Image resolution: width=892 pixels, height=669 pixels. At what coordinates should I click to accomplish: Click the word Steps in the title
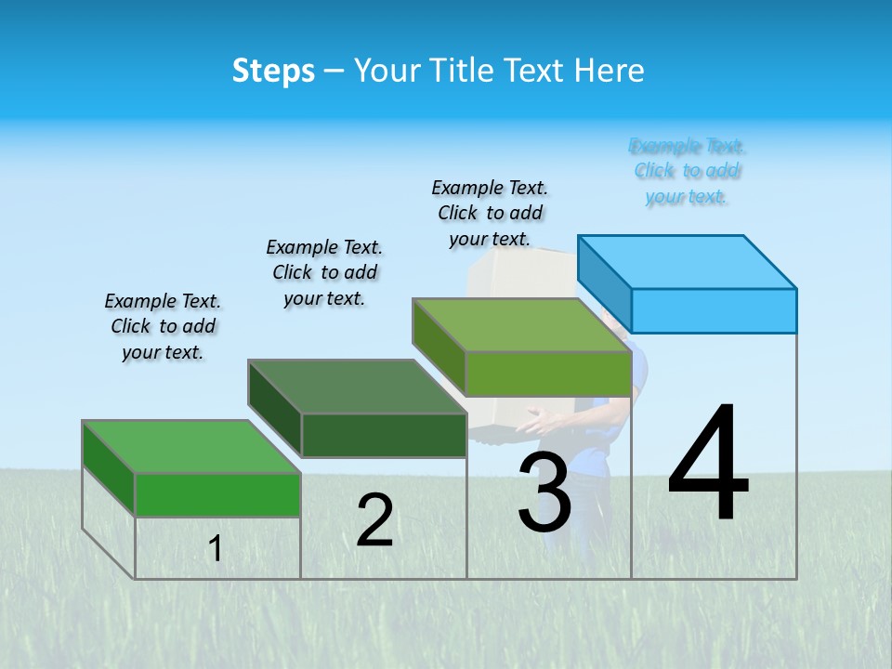(273, 71)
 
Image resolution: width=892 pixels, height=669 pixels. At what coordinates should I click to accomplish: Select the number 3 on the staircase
(544, 492)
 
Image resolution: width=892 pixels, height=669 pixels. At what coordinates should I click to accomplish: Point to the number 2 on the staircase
(374, 520)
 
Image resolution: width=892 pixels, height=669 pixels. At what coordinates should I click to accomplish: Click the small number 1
(215, 548)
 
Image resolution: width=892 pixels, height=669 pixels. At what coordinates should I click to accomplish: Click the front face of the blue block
(714, 310)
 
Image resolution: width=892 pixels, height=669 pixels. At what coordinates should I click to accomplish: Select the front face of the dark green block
(384, 435)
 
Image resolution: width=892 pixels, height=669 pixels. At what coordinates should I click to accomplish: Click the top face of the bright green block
(191, 447)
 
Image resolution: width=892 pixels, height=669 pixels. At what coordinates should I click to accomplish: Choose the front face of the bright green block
(217, 494)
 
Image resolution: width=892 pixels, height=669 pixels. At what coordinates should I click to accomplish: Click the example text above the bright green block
(163, 326)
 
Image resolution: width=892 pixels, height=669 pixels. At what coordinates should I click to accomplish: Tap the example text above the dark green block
(324, 272)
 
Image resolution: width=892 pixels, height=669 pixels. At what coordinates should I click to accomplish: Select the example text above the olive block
(490, 213)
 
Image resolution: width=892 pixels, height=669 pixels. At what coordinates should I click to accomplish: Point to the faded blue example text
(687, 171)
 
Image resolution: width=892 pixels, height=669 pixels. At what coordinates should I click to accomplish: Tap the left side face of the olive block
(439, 346)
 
